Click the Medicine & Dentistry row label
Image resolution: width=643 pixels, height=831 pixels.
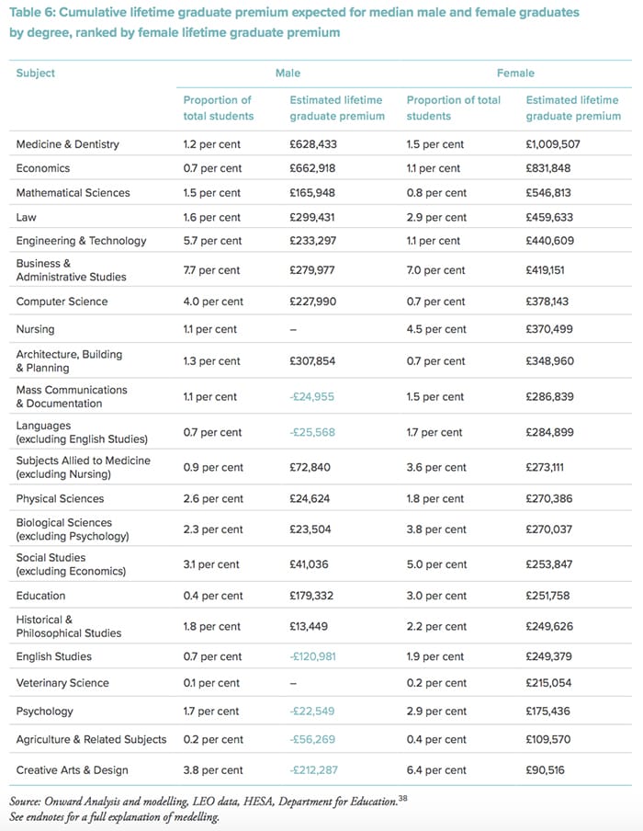click(x=67, y=144)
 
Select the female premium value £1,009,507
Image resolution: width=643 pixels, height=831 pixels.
click(x=552, y=144)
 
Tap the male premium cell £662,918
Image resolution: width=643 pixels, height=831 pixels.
click(x=312, y=168)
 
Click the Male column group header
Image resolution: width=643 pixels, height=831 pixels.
click(x=288, y=74)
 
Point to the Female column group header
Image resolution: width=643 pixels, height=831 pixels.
click(x=515, y=74)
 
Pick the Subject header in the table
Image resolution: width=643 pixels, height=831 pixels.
click(x=36, y=74)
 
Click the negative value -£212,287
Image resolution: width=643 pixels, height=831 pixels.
click(x=313, y=770)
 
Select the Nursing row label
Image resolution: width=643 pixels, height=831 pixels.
click(x=35, y=329)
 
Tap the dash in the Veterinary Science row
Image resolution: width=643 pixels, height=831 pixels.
click(x=293, y=683)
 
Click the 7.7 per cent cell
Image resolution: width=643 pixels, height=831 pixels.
click(x=211, y=270)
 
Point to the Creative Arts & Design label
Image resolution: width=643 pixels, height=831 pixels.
click(x=72, y=770)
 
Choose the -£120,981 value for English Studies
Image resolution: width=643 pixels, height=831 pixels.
click(x=312, y=656)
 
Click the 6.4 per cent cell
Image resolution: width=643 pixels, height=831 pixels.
click(x=436, y=770)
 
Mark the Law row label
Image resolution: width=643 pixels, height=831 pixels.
click(x=26, y=217)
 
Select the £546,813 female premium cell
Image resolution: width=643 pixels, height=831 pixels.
click(x=548, y=192)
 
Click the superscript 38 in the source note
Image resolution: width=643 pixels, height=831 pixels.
click(x=403, y=798)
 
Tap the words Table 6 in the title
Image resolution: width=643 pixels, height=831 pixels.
click(x=32, y=12)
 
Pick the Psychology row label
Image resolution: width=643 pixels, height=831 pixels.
click(x=44, y=711)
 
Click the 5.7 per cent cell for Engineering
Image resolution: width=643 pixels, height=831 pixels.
click(x=211, y=241)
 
